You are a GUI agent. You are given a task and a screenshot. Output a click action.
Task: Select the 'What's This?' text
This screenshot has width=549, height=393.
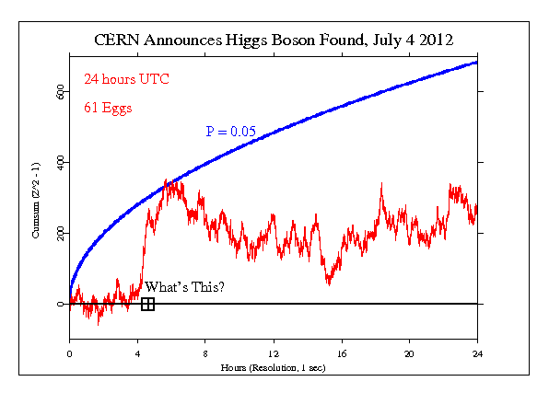(x=184, y=287)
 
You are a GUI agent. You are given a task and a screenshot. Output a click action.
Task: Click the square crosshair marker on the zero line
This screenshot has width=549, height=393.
(x=147, y=304)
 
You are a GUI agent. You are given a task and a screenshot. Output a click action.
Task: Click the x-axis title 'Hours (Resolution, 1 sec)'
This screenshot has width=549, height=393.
(x=274, y=367)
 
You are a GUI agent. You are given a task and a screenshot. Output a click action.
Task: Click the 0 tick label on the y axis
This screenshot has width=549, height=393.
(x=62, y=304)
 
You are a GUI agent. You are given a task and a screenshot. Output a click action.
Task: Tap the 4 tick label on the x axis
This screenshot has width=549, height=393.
(x=137, y=353)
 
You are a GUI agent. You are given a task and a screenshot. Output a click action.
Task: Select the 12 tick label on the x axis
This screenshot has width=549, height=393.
(x=274, y=353)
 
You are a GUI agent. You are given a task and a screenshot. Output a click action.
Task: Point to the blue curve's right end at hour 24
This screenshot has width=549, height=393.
(x=476, y=63)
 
